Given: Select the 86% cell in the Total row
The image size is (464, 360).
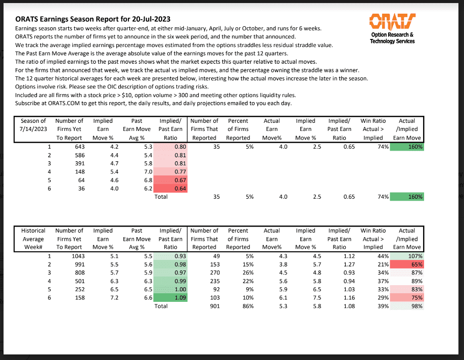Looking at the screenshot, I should pyautogui.click(x=246, y=306).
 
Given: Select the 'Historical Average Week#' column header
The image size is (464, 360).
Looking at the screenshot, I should pyautogui.click(x=33, y=239).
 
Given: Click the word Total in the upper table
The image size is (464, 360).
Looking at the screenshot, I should pyautogui.click(x=161, y=197).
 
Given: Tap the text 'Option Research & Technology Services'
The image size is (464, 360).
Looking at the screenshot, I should pyautogui.click(x=392, y=38).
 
